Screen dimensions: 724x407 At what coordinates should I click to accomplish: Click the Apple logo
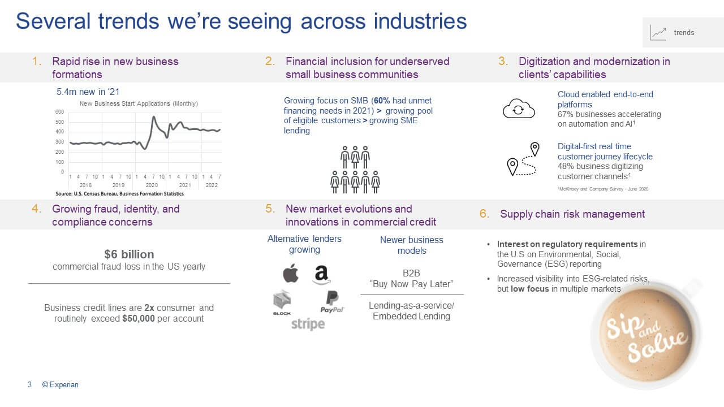(291, 273)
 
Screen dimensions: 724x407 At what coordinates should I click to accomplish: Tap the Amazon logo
(322, 275)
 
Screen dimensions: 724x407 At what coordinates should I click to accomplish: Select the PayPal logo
(332, 302)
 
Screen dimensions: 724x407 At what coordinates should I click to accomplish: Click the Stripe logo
(308, 324)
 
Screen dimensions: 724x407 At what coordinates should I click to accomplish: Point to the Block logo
(282, 302)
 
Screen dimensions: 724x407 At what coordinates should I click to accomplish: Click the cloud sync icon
(519, 109)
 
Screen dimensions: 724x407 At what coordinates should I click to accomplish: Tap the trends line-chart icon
(658, 33)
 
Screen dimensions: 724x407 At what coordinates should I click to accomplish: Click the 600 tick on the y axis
(59, 112)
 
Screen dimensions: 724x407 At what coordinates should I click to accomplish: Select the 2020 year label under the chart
(152, 185)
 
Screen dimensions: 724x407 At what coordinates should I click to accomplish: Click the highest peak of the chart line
(154, 117)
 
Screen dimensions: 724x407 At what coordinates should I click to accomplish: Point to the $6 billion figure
(129, 254)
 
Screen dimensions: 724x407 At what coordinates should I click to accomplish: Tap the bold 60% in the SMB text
(382, 101)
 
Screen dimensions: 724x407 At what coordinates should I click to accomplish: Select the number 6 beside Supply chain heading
(483, 214)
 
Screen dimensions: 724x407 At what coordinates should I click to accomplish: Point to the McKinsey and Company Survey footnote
(603, 189)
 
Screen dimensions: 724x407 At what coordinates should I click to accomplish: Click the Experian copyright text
(60, 385)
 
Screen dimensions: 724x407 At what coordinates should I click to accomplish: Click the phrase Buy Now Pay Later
(411, 284)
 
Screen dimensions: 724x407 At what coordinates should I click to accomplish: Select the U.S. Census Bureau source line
(119, 194)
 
